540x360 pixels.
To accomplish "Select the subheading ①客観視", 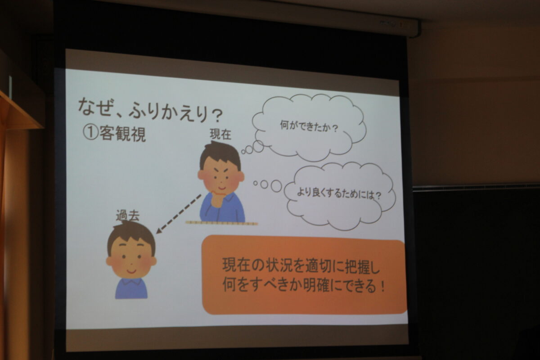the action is pyautogui.click(x=114, y=134).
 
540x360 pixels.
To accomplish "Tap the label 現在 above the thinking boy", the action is pyautogui.click(x=220, y=134).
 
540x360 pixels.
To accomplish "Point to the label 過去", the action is pyautogui.click(x=128, y=216).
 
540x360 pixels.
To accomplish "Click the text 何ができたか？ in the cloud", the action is pyautogui.click(x=309, y=126).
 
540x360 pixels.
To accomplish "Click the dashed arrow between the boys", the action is pyautogui.click(x=179, y=214).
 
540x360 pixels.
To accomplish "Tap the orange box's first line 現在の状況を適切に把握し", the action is pyautogui.click(x=301, y=266).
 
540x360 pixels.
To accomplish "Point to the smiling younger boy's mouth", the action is pyautogui.click(x=131, y=271).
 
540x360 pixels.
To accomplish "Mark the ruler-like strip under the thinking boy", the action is pyautogui.click(x=221, y=223).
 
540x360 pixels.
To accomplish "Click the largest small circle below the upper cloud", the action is pyautogui.click(x=258, y=147).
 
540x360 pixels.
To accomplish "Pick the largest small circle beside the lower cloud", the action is pyautogui.click(x=276, y=186).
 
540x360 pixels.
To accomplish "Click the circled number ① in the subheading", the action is pyautogui.click(x=90, y=133).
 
